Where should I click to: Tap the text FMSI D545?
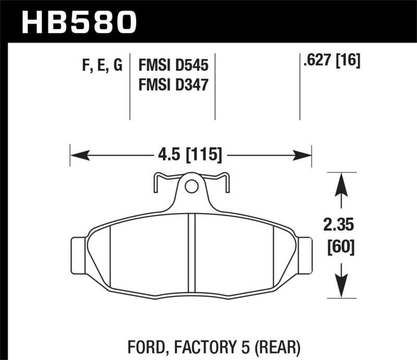coord(173,66)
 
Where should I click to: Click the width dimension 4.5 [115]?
coord(190,155)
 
